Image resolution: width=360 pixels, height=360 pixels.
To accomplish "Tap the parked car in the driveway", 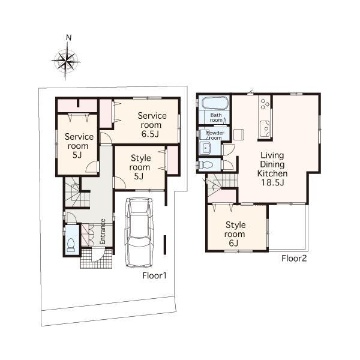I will [139, 233].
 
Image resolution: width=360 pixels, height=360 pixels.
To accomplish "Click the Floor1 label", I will [154, 276].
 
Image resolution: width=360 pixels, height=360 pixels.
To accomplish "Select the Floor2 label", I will [294, 258].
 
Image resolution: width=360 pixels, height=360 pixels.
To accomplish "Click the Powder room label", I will [214, 134].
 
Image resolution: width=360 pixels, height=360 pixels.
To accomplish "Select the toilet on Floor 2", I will [205, 164].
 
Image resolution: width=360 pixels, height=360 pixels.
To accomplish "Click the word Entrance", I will [103, 230].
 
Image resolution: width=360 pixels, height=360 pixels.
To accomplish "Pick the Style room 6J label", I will [235, 235].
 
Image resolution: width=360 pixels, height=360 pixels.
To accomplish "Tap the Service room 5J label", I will [77, 146].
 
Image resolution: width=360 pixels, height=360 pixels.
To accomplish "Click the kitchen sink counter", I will [264, 127].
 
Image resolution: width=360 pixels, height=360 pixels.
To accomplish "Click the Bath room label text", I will [216, 116].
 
